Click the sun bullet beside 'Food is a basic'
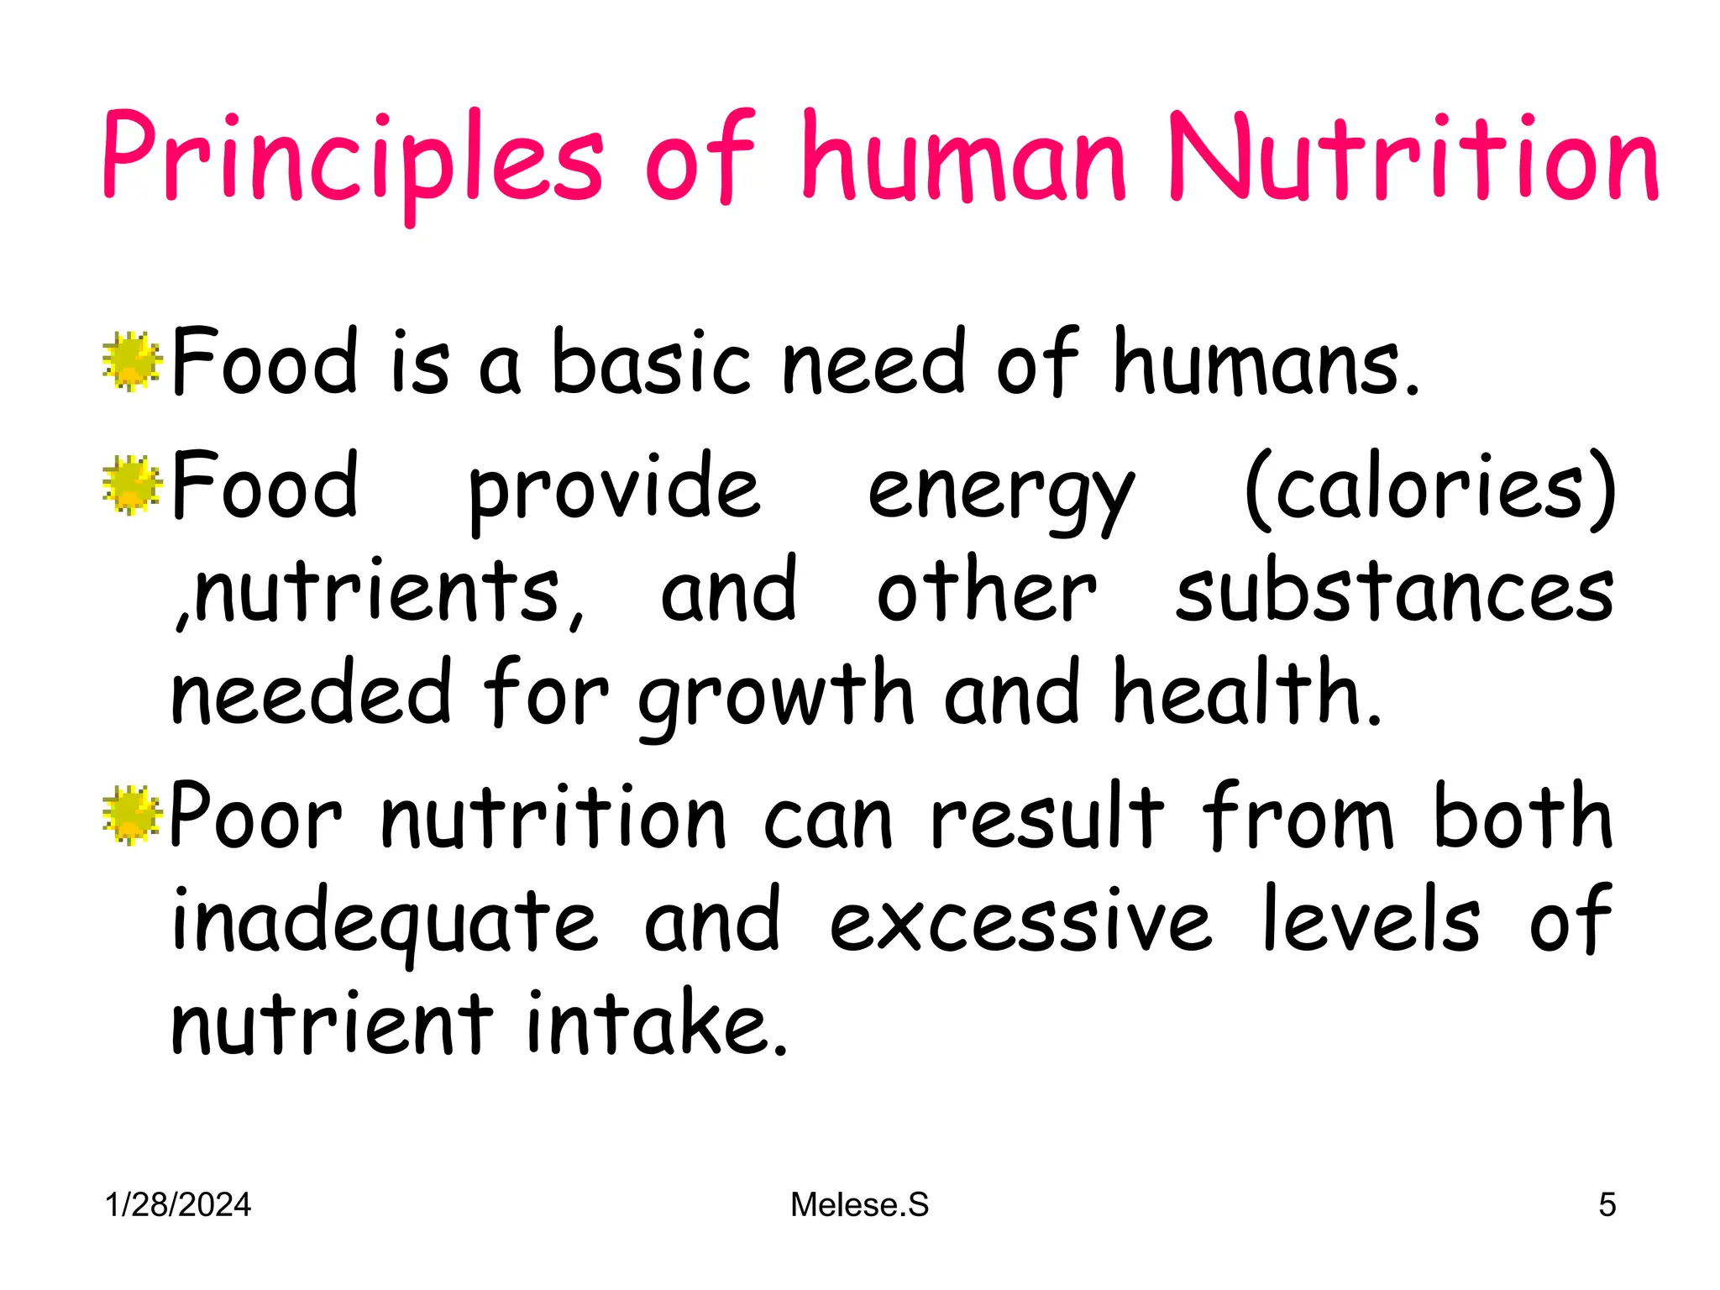pos(131,362)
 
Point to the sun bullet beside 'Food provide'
pos(131,485)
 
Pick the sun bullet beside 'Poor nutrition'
pos(131,815)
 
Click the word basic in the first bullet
pos(651,362)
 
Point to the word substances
pos(1394,592)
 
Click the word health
pos(1246,693)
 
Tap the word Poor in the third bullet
pos(256,816)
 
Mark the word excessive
pos(1020,922)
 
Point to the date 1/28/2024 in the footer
pos(178,1205)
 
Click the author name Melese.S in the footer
pos(859,1205)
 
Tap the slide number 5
pos(1607,1205)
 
